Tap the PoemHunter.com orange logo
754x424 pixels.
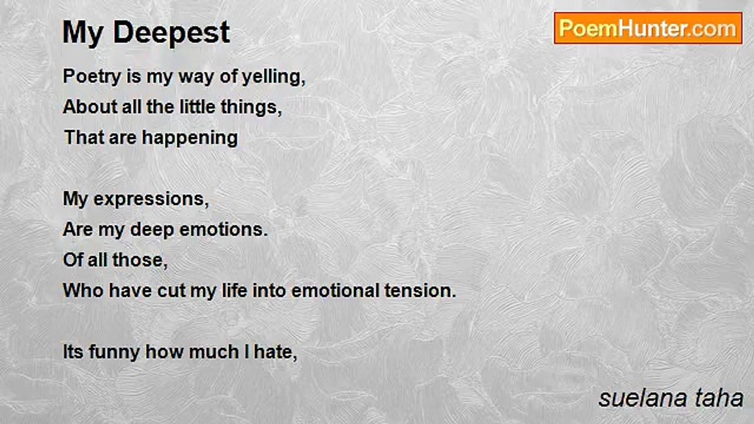[x=648, y=28]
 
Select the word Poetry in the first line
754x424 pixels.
[x=92, y=77]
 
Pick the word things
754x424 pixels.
[x=251, y=108]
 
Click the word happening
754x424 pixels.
[x=190, y=138]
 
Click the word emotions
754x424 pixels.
[x=223, y=230]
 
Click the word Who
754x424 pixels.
[x=83, y=290]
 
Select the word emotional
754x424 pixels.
[x=335, y=290]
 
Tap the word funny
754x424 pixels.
[x=114, y=353]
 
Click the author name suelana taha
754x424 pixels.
[x=671, y=399]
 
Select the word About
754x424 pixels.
[x=90, y=107]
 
